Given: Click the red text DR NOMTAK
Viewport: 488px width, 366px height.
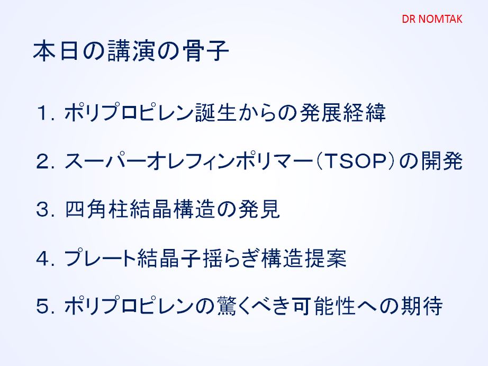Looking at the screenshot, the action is point(432,19).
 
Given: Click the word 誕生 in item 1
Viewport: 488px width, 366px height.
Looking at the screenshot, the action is point(215,112).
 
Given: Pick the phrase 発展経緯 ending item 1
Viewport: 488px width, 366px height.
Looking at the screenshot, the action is point(343,112).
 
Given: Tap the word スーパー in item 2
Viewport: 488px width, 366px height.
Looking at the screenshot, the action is point(105,161).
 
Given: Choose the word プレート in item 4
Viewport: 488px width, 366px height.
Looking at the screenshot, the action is point(100,258).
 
